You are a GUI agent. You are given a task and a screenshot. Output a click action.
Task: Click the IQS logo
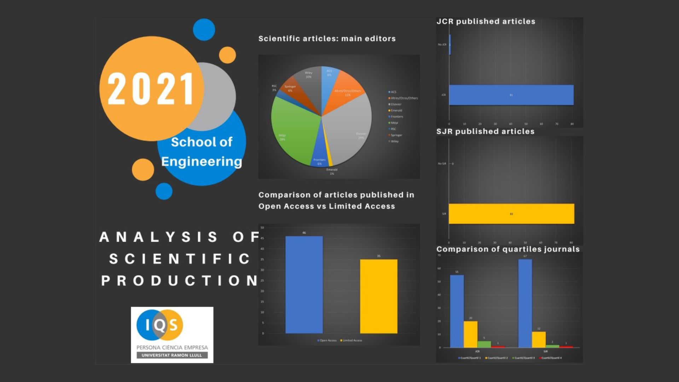[172, 334]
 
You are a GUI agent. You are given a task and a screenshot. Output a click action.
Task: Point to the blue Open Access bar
[304, 285]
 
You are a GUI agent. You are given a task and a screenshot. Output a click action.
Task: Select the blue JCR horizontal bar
[511, 95]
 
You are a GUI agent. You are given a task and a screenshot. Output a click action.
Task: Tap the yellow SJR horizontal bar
[511, 214]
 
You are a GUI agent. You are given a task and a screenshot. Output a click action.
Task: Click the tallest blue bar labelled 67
[525, 303]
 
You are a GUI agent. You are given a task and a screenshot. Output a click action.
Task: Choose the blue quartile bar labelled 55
[457, 311]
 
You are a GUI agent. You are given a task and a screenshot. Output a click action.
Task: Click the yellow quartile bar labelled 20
[470, 334]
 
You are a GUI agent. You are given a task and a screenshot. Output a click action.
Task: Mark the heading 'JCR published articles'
[486, 22]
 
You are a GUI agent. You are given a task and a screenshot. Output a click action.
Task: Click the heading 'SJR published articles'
[485, 132]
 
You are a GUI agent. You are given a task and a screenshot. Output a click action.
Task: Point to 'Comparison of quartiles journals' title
[508, 249]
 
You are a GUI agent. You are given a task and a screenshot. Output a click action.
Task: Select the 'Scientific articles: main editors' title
[327, 39]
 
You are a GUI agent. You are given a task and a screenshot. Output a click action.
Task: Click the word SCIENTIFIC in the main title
[180, 259]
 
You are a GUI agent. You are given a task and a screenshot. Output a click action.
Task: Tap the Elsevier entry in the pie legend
[396, 104]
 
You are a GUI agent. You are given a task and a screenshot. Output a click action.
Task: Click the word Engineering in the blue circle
[202, 162]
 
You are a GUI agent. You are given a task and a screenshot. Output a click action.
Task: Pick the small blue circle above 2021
[204, 29]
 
